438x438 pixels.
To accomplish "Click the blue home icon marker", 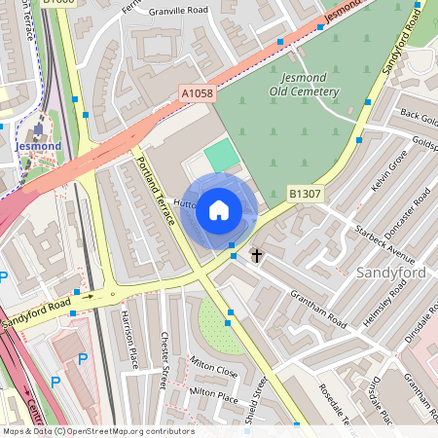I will click(x=219, y=209).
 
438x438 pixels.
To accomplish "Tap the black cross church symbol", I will click(x=257, y=256).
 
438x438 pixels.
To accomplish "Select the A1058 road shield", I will click(x=196, y=94).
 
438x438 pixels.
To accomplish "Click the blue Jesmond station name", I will click(x=39, y=146).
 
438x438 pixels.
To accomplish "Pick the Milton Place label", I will click(x=214, y=394).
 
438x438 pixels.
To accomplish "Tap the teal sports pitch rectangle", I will click(x=222, y=154).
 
